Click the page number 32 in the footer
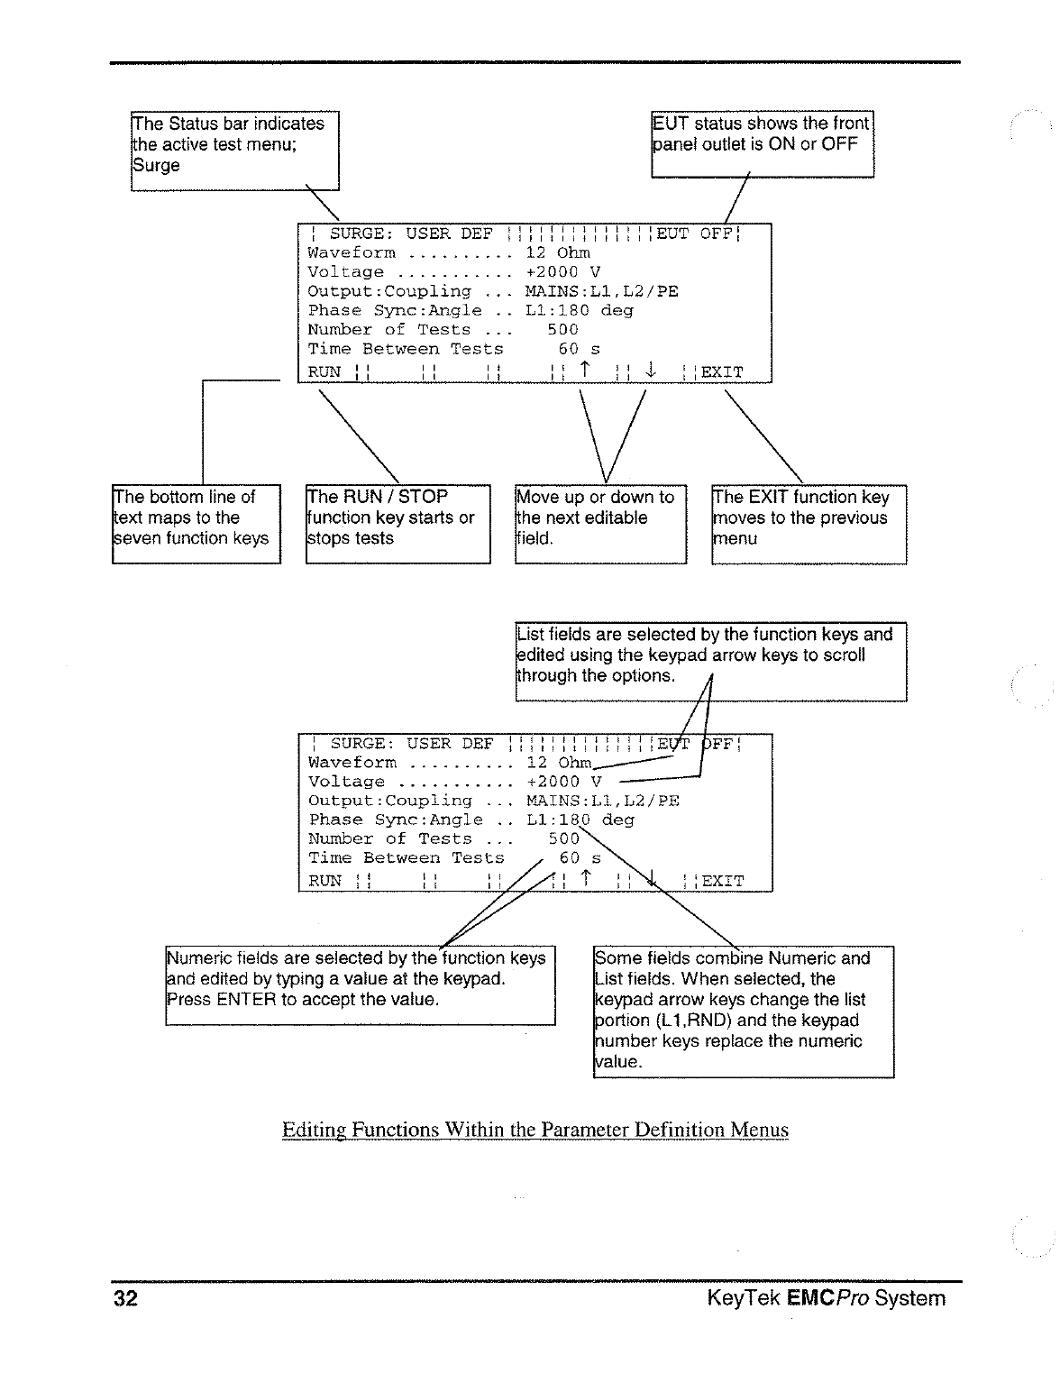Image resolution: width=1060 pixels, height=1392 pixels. point(125,1298)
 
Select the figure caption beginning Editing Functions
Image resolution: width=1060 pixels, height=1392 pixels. point(535,1130)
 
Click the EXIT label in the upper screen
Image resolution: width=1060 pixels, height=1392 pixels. point(722,372)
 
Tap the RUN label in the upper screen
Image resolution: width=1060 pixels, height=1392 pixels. point(324,372)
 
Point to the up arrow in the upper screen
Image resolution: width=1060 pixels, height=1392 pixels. point(586,370)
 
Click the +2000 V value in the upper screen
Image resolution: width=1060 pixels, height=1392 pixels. point(563,272)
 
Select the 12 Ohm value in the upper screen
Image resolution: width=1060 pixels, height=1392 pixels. point(558,253)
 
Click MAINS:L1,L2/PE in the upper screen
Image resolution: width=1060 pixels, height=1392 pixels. point(602,291)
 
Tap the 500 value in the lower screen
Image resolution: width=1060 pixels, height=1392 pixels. point(564,838)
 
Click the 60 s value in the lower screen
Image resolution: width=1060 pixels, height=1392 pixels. point(580,858)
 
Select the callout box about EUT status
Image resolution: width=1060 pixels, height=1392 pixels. point(763,144)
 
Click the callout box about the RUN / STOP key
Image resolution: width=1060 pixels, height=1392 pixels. point(397,524)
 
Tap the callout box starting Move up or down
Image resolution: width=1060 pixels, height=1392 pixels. point(600,524)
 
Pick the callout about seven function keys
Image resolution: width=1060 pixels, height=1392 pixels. point(196,524)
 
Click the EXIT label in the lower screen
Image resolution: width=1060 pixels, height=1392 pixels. point(723,882)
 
